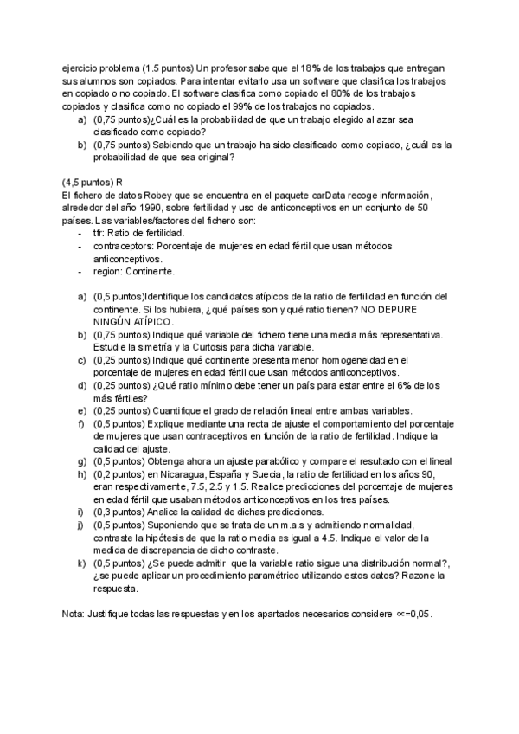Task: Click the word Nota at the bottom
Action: pos(74,614)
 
